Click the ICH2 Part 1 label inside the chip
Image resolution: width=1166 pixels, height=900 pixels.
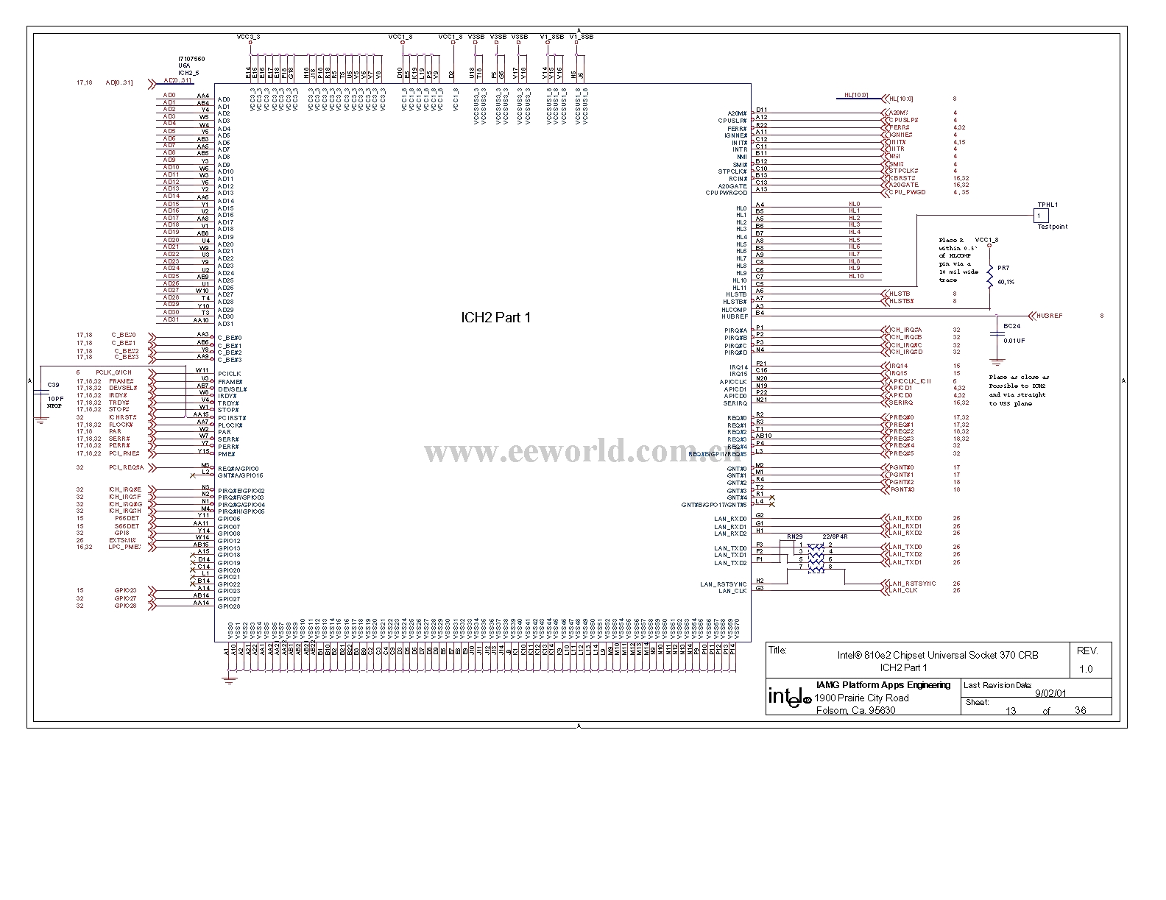pyautogui.click(x=495, y=318)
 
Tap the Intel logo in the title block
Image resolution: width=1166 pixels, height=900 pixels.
pyautogui.click(x=787, y=698)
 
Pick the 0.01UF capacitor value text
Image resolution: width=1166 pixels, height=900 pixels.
pyautogui.click(x=1014, y=341)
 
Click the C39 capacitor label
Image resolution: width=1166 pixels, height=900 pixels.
pyautogui.click(x=53, y=385)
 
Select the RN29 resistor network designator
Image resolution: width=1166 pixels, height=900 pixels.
pyautogui.click(x=794, y=536)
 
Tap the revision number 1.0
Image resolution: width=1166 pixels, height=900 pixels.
pyautogui.click(x=1086, y=669)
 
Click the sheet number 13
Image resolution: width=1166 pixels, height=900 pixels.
pyautogui.click(x=1011, y=710)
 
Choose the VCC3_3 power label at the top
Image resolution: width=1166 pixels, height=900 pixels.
pyautogui.click(x=248, y=36)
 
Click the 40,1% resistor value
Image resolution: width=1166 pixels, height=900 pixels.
pyautogui.click(x=1006, y=282)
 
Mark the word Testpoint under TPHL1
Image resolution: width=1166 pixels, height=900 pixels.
pyautogui.click(x=1052, y=227)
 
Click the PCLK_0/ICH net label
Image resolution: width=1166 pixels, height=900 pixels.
pyautogui.click(x=113, y=372)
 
